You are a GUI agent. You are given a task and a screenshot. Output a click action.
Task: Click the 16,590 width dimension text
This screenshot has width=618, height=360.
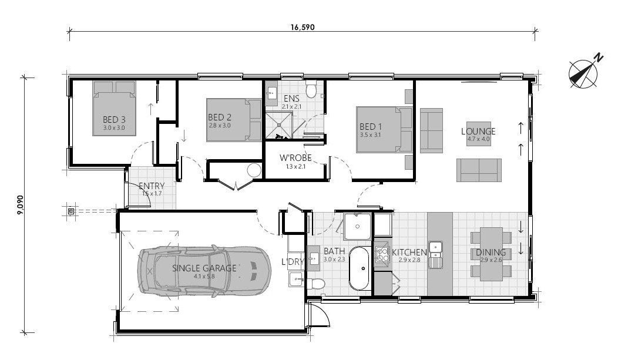303,27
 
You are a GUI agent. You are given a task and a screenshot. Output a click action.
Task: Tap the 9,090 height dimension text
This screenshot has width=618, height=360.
20,205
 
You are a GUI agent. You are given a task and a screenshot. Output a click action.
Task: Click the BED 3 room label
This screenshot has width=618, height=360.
115,119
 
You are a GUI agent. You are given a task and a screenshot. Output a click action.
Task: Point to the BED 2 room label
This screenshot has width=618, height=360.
220,117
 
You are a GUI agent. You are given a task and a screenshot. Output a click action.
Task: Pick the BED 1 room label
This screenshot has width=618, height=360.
371,126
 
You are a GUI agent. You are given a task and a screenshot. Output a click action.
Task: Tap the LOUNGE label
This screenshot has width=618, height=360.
478,131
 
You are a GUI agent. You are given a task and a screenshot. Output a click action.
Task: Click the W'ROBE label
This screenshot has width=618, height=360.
295,158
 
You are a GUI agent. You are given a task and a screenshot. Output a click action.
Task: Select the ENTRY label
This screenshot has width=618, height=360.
152,186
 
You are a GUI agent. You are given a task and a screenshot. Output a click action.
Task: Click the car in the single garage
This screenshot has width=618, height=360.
204,270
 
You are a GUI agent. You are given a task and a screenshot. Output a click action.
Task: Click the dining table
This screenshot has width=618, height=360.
491,254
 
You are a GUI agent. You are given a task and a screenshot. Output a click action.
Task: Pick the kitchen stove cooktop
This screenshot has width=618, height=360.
382,254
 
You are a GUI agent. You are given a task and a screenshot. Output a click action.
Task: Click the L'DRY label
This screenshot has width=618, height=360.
293,261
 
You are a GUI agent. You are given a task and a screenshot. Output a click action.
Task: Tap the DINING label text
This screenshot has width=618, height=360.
491,252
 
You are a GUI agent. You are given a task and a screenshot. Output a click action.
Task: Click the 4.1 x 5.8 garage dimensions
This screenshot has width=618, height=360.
204,277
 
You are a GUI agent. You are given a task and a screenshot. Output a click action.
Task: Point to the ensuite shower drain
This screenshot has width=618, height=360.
280,125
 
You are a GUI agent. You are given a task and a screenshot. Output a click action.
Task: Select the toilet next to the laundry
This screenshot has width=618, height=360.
316,284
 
